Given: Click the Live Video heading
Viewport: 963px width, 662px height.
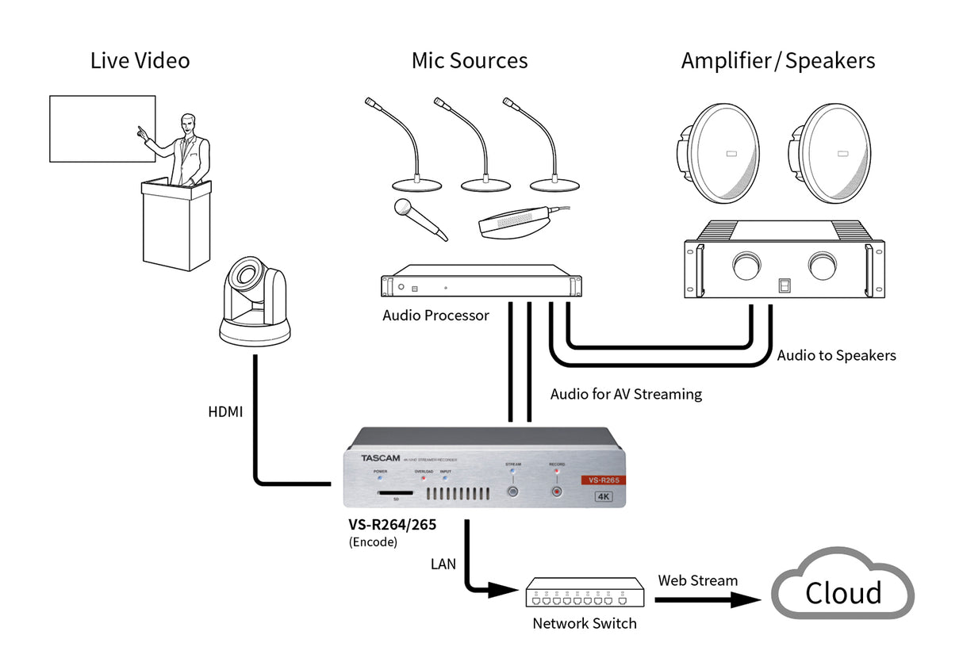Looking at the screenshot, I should click(140, 60).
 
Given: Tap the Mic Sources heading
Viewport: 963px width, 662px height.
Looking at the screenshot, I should click(469, 60).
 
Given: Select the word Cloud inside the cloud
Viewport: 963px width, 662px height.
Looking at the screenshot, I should click(842, 593).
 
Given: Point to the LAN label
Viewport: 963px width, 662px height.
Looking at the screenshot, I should click(443, 564).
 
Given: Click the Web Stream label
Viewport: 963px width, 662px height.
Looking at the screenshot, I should click(697, 580).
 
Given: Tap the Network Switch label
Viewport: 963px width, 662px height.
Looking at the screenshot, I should click(584, 623).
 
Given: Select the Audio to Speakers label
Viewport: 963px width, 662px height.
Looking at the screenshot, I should click(836, 355).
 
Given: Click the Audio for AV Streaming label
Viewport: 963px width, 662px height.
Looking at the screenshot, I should click(626, 393).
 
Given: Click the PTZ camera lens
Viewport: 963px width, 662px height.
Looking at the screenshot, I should click(248, 277).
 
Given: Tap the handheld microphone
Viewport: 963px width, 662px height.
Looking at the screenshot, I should click(418, 219).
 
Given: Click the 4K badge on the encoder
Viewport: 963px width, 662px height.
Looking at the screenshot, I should click(605, 497).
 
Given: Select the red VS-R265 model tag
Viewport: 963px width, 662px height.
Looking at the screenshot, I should click(604, 480).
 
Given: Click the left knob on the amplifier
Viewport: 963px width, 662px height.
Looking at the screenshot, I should click(746, 267).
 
